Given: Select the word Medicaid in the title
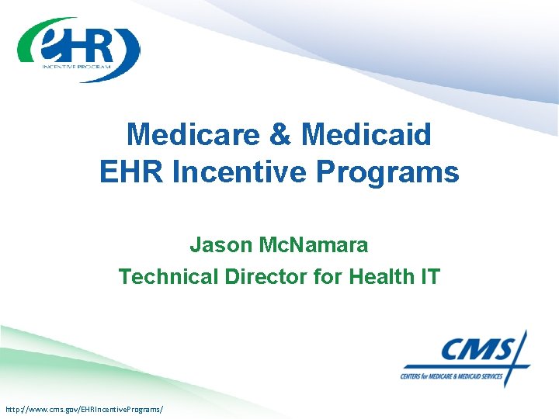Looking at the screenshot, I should click(366, 135).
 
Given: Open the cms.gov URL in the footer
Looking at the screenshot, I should click(84, 408).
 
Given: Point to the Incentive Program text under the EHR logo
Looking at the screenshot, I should click(77, 67).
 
